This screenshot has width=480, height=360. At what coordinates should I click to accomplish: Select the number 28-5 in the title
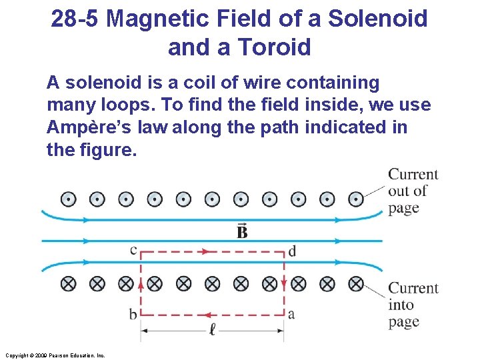[75, 18]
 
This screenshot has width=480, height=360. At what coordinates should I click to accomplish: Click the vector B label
[242, 231]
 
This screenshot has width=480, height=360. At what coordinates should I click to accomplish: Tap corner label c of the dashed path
[133, 250]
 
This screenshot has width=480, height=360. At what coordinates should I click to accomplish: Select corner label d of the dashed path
[292, 251]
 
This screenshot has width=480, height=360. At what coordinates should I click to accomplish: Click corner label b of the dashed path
[133, 313]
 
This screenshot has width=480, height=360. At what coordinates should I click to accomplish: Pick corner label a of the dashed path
[291, 313]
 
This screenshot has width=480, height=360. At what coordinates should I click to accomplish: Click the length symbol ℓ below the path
[212, 329]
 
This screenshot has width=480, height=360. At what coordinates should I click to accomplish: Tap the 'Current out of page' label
[413, 191]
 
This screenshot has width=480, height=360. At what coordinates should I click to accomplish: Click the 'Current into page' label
[413, 305]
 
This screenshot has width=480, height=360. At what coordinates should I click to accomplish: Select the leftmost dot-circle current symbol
[67, 199]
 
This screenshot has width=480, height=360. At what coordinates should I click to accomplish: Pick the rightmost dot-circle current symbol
[356, 199]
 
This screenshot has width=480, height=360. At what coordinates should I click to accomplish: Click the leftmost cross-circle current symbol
[67, 283]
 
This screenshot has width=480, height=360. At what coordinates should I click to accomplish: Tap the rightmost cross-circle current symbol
[356, 283]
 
